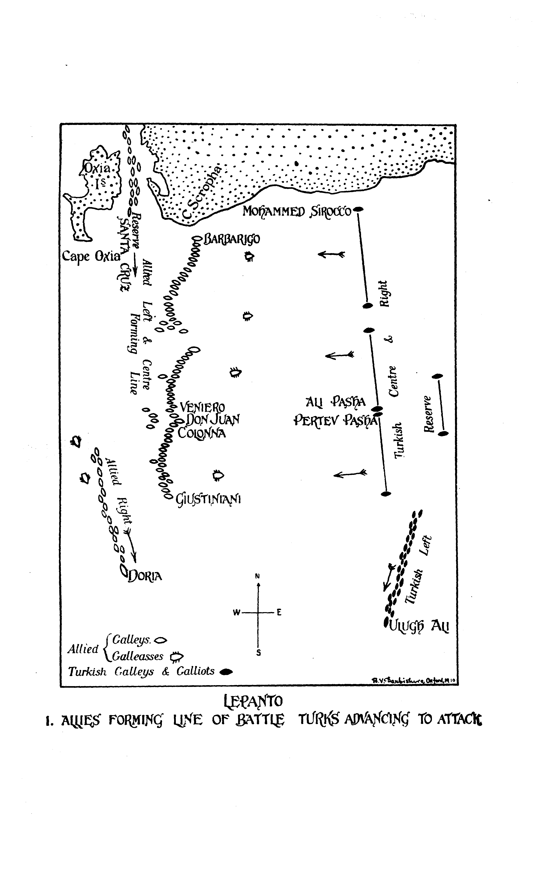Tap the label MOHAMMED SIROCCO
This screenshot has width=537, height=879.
[297, 211]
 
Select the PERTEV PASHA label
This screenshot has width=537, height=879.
[335, 421]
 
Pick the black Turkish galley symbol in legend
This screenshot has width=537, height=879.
[226, 672]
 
